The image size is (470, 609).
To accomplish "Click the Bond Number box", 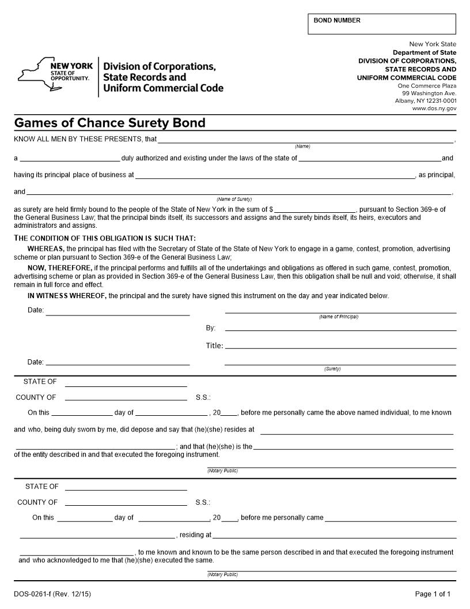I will point(381,24).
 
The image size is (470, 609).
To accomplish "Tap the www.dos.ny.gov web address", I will point(434,108).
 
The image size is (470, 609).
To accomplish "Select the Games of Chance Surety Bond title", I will point(109,123).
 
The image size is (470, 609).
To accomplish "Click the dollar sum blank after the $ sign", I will point(315,209).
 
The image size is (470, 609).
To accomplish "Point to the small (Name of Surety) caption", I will point(234,200).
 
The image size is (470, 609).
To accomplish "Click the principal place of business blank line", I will point(275,175).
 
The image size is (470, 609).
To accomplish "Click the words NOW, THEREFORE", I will point(60,268).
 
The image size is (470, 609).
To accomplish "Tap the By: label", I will point(211,328).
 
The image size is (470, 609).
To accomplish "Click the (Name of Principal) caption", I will point(339,317).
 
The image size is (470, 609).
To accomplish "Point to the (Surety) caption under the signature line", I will point(332,369).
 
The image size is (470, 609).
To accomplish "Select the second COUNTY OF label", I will point(37,502).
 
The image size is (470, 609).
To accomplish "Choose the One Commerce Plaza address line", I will point(427,86).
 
